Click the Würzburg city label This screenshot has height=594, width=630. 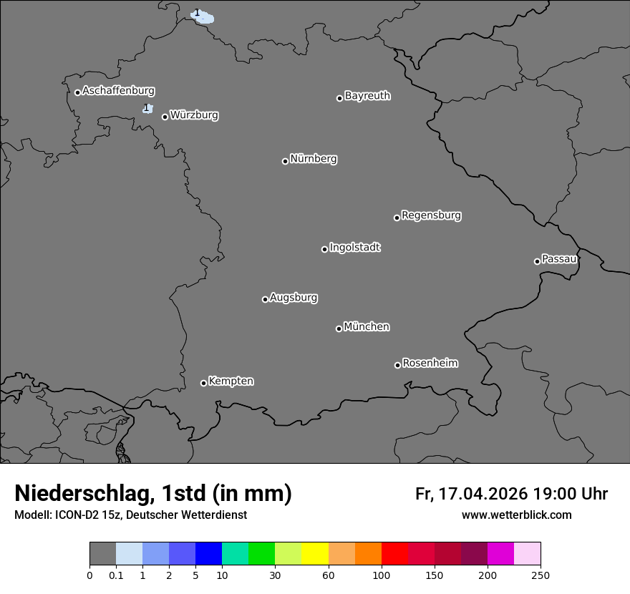[x=194, y=115]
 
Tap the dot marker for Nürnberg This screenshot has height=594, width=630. [x=285, y=161]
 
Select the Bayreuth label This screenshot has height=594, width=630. [x=367, y=96]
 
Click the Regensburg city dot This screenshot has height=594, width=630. [x=397, y=218]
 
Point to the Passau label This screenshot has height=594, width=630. [x=559, y=259]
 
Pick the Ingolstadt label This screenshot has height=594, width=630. [x=354, y=248]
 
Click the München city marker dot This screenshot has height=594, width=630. [x=339, y=328]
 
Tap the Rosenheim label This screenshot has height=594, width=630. [x=430, y=364]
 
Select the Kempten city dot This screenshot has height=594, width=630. [x=203, y=383]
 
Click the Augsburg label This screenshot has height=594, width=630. [x=294, y=298]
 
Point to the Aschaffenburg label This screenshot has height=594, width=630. [x=118, y=91]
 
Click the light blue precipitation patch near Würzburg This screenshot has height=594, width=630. [x=147, y=109]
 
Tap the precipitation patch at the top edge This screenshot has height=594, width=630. [x=203, y=16]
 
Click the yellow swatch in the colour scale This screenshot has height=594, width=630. [x=315, y=554]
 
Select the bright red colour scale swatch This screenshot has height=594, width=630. [x=394, y=554]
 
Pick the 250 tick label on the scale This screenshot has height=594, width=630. [x=541, y=575]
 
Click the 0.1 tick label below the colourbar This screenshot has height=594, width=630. [x=116, y=575]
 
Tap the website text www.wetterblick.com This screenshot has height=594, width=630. [x=516, y=515]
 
